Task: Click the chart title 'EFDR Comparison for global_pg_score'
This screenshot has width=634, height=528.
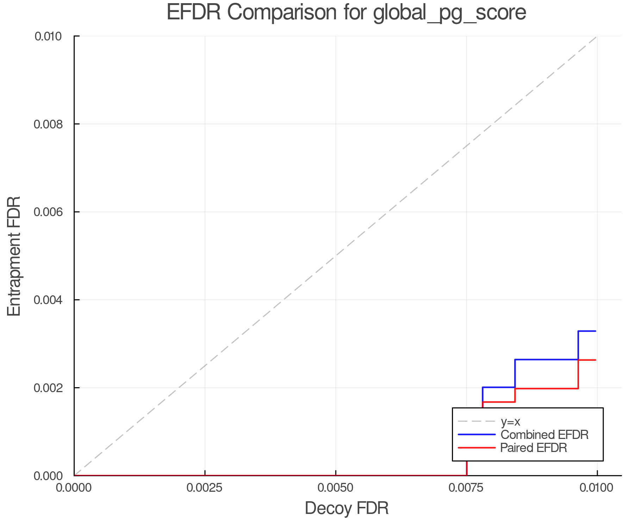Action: [346, 12]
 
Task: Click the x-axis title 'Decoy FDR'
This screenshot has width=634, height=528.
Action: [347, 508]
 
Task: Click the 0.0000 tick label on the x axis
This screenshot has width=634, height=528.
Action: [74, 488]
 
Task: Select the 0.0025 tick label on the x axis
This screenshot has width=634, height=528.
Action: [205, 488]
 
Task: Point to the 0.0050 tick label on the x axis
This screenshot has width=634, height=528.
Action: [336, 488]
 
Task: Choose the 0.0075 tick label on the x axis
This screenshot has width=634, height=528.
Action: [466, 488]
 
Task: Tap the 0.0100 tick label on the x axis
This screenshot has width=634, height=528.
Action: [597, 488]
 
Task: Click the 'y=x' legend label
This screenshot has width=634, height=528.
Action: [510, 421]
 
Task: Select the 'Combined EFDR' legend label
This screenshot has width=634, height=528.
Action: [545, 435]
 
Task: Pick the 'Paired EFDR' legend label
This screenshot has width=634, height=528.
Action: [534, 448]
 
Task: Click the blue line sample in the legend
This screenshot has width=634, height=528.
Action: [477, 435]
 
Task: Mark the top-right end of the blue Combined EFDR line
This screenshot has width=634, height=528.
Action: [595, 331]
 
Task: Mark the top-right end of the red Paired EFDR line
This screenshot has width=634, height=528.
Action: [595, 360]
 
